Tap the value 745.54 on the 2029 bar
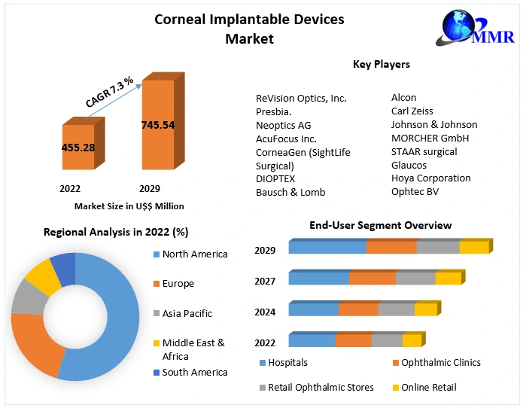(x=157, y=124)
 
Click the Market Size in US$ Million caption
(x=129, y=206)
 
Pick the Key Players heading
(x=381, y=64)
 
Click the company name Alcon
(x=403, y=97)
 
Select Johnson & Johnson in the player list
(x=433, y=124)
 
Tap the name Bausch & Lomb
(x=290, y=192)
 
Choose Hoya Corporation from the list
(x=430, y=178)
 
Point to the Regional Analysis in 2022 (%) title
(x=116, y=233)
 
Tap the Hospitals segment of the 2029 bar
(x=327, y=248)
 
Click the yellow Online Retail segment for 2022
(x=412, y=341)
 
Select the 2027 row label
(x=265, y=281)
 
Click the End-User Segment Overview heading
(x=380, y=225)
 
